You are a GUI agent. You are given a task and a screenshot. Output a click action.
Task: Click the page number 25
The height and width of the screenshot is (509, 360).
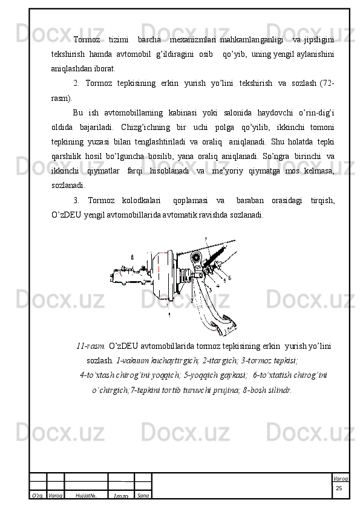click(x=339, y=488)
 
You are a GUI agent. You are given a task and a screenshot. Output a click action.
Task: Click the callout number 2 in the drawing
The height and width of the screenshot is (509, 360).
click(x=192, y=301)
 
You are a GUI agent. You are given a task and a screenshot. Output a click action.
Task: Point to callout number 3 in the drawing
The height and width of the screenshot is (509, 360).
click(x=210, y=290)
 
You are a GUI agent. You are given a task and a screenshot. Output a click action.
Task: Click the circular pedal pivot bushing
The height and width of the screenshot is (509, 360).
click(x=196, y=258)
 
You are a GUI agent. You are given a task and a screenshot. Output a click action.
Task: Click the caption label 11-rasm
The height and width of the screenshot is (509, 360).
click(x=91, y=346)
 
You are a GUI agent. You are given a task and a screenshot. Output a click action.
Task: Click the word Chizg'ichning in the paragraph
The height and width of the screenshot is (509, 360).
click(x=146, y=127)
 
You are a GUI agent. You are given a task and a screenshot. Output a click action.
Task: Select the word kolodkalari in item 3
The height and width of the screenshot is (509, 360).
click(x=141, y=200)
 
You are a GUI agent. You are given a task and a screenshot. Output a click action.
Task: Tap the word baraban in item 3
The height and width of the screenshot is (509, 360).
click(x=250, y=200)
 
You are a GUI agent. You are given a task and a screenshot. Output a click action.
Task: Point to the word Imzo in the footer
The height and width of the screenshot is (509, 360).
click(x=121, y=496)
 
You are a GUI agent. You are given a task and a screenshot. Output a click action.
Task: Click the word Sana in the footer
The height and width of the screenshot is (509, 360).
click(x=143, y=495)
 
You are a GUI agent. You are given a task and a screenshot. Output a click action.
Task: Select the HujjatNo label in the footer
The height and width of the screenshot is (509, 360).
click(x=86, y=495)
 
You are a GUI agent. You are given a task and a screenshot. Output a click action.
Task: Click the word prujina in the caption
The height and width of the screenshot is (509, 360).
click(x=227, y=390)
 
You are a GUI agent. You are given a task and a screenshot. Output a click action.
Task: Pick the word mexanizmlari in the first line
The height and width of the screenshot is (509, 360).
click(x=193, y=40)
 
